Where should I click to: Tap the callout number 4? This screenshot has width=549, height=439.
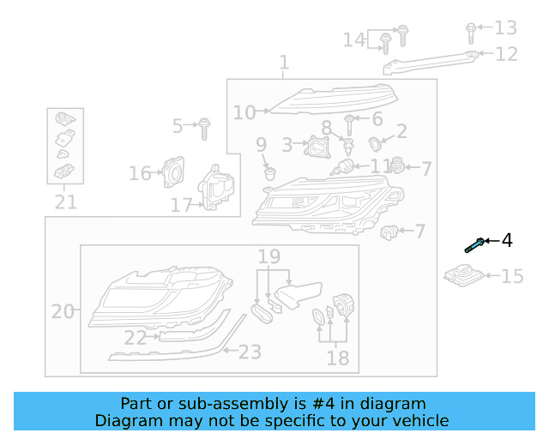tap(506, 240)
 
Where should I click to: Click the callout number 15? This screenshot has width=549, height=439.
tap(511, 276)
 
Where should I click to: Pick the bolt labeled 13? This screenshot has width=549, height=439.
tap(471, 32)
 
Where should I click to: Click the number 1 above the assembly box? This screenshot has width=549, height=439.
tap(284, 63)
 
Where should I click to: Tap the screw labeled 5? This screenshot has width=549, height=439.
tap(204, 128)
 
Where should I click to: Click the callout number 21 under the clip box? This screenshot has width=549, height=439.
tap(65, 202)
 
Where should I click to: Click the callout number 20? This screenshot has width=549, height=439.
tap(63, 311)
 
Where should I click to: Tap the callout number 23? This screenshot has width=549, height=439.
tap(250, 351)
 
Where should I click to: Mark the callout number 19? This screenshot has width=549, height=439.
tap(269, 256)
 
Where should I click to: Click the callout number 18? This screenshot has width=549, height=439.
tap(338, 358)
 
